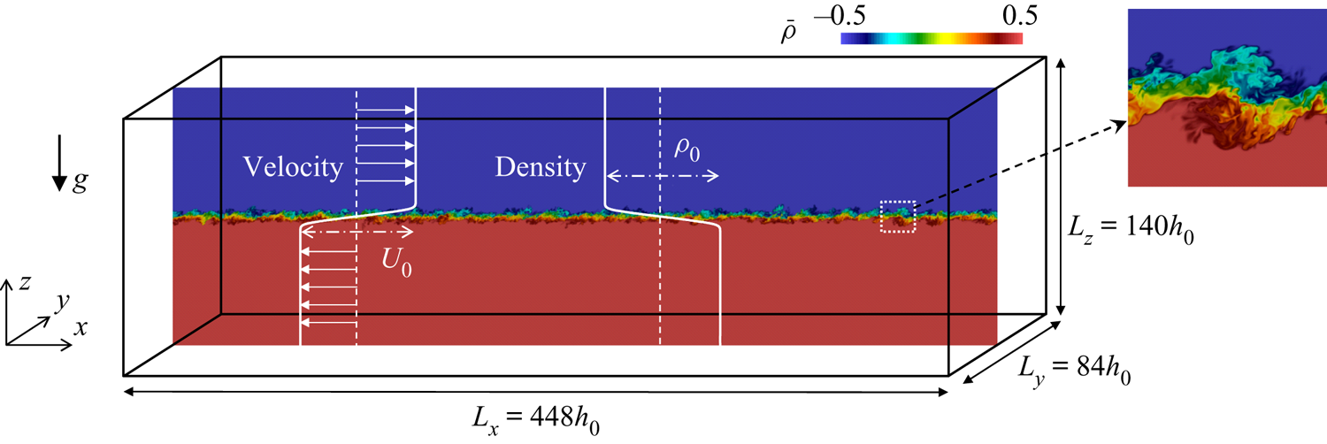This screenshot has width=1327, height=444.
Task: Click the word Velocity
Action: click(293, 167)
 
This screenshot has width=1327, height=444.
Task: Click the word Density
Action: click(541, 167)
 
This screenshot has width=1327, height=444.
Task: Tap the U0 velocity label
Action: click(396, 261)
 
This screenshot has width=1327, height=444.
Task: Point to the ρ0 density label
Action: click(687, 149)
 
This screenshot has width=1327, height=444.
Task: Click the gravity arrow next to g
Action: click(59, 163)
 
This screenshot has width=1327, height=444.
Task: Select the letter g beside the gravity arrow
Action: click(81, 181)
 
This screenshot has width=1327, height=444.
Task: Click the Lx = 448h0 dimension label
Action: click(535, 420)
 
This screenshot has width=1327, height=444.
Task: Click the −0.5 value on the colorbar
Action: click(840, 15)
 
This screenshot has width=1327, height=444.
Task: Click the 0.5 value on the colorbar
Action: click(1019, 15)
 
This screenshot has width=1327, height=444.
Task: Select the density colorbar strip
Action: click(932, 39)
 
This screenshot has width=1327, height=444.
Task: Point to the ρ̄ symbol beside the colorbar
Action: click(788, 33)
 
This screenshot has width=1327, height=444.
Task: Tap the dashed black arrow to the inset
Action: click(1019, 163)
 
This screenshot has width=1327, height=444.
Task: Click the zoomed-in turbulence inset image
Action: click(1227, 97)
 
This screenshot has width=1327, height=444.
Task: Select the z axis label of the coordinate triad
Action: click(24, 283)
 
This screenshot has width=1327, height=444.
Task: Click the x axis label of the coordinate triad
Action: click(81, 327)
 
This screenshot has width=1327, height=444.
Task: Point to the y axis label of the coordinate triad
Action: click(62, 302)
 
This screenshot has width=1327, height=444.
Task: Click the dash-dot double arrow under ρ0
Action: click(663, 176)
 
